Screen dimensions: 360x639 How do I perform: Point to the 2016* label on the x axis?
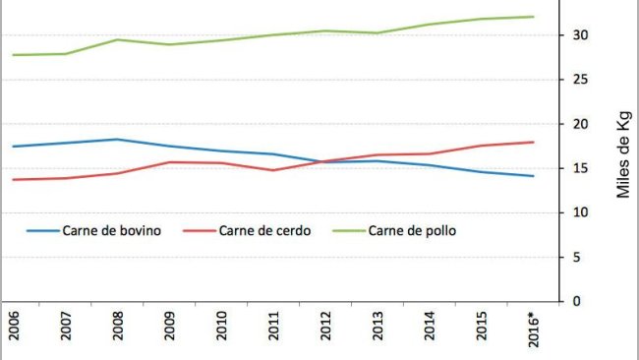pos(532,330)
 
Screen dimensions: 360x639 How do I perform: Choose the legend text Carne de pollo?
pos(412,231)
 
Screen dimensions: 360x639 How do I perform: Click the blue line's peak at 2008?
pos(117,140)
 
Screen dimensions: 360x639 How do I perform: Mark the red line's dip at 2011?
pos(272,170)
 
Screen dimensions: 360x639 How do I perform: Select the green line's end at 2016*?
pos(532,17)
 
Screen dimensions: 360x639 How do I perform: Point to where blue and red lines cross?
pos(319,161)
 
